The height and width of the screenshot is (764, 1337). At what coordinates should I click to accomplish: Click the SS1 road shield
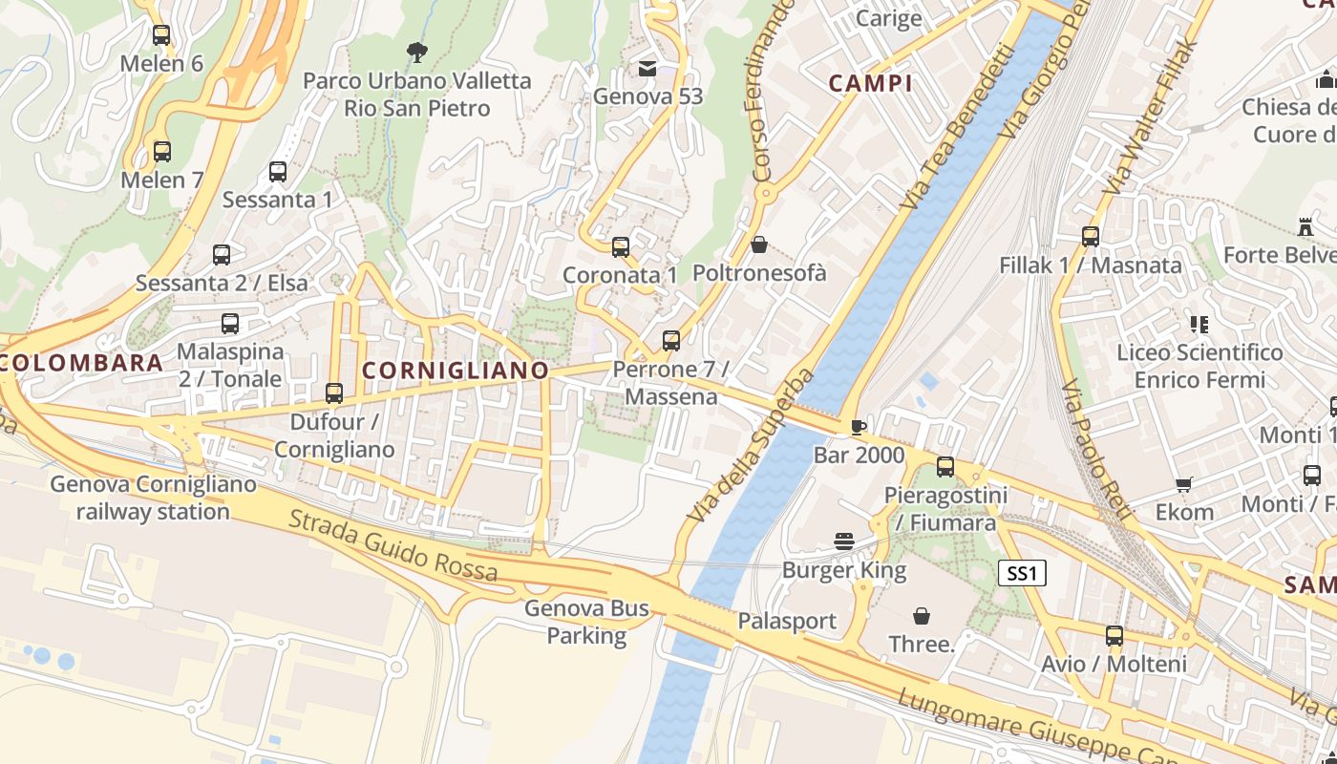pos(1022,573)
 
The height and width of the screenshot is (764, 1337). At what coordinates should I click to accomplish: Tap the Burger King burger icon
pos(843,541)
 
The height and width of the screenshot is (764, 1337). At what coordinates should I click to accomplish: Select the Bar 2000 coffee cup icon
pos(858,426)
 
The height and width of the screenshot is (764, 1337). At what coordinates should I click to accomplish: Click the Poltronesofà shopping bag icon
pos(759,244)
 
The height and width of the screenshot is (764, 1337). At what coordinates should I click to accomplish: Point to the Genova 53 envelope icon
pos(647,68)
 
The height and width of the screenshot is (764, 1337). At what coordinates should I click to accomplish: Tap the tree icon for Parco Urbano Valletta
pos(416,52)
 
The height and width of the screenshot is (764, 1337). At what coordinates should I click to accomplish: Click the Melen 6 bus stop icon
pos(161,35)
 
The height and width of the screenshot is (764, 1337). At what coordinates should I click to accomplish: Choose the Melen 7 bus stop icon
pos(162,151)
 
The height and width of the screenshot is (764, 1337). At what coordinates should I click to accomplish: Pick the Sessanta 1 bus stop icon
pos(278,172)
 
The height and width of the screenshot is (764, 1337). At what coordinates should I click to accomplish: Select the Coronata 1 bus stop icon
pos(621,246)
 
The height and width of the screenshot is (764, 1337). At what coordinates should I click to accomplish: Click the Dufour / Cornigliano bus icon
pos(333,393)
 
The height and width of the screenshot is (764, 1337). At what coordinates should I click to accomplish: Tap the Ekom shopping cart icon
pos(1184,484)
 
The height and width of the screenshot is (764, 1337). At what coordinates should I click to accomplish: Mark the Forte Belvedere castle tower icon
pos(1305,226)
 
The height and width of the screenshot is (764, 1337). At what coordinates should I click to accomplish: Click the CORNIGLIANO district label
pos(456,371)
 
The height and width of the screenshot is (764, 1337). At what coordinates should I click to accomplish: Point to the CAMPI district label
pos(870,83)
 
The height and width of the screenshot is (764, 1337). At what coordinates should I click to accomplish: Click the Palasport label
pos(787,622)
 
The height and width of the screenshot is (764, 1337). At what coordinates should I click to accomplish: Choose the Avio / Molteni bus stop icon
pos(1114,635)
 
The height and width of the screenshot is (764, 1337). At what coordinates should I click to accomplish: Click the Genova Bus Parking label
pos(586,622)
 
